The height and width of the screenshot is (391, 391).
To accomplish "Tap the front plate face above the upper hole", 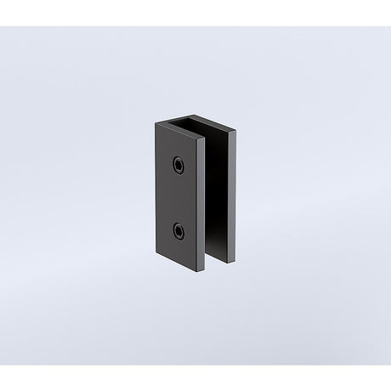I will click(178, 140).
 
